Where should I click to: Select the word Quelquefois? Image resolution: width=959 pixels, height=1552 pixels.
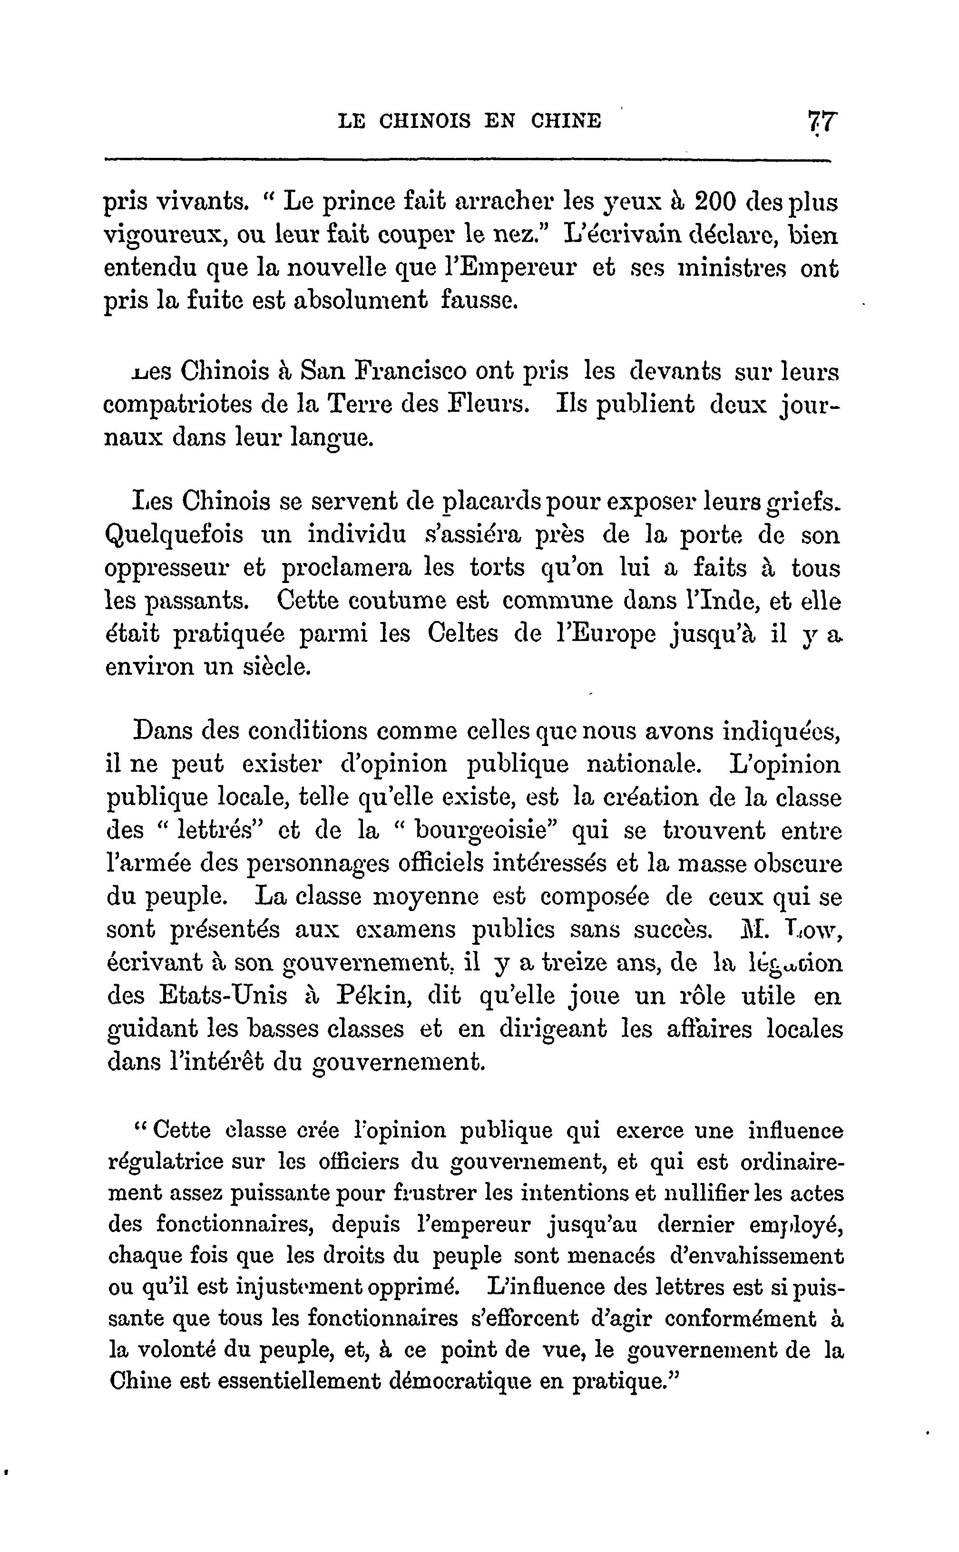pyautogui.click(x=173, y=534)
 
